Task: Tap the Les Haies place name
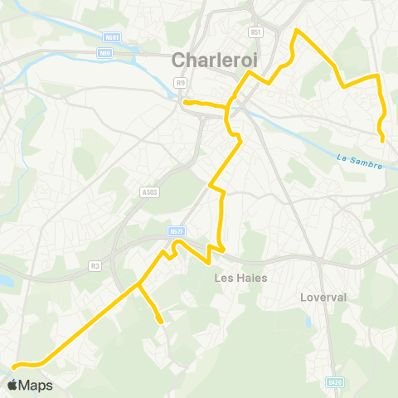click(240, 278)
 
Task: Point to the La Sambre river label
click(360, 160)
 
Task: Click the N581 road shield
click(111, 37)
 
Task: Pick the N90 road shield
click(104, 53)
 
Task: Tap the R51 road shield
click(255, 32)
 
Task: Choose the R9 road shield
click(180, 82)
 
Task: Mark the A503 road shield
click(149, 192)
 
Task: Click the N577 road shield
click(174, 231)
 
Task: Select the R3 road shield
click(95, 266)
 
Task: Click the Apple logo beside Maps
click(13, 385)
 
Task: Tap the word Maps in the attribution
click(36, 385)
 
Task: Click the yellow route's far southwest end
click(13, 365)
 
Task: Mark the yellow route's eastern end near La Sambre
click(381, 140)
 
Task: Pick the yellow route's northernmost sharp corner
click(297, 31)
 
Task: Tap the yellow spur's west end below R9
click(185, 103)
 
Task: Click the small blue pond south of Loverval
click(308, 323)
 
